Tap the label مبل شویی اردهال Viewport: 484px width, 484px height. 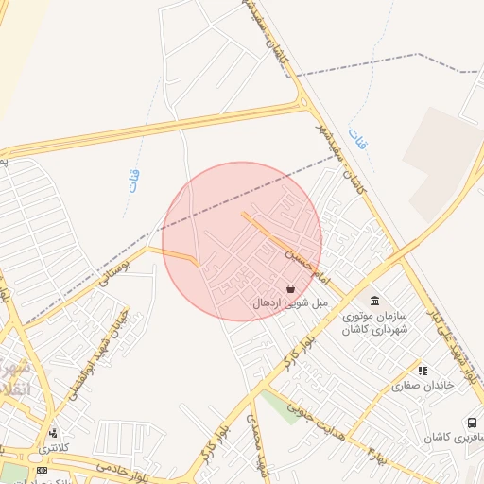pyautogui.click(x=290, y=303)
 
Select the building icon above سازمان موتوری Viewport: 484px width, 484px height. pyautogui.click(x=375, y=301)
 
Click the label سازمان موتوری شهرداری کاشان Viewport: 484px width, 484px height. pyautogui.click(x=375, y=321)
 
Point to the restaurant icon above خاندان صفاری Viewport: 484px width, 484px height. pyautogui.click(x=423, y=370)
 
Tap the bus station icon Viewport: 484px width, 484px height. pyautogui.click(x=470, y=422)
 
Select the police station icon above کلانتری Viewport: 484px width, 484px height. pyautogui.click(x=51, y=433)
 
